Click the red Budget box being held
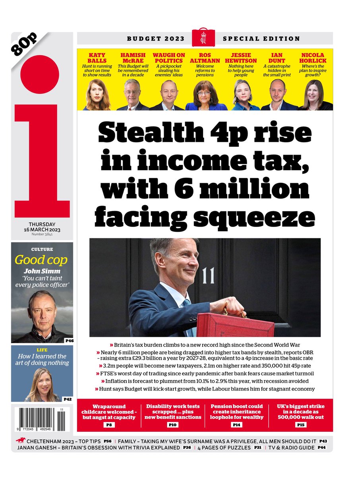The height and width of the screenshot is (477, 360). tap(236, 325)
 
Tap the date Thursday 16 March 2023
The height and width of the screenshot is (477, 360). tap(42, 227)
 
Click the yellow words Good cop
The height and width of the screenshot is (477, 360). tap(41, 260)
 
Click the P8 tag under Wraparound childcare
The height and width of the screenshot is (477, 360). tap(109, 425)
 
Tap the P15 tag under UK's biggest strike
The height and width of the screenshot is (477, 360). tap(300, 425)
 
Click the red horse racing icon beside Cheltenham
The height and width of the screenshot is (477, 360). tap(19, 440)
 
